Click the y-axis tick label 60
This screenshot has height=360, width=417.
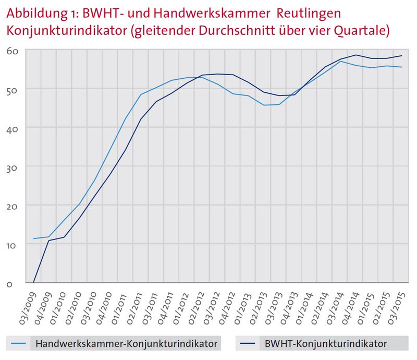tap(14, 51)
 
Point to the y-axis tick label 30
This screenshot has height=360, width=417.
tap(14, 167)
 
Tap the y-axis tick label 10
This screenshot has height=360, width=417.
tap(14, 245)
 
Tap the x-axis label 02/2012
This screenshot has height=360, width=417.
tap(193, 304)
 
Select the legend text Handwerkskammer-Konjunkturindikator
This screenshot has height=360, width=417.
tap(126, 343)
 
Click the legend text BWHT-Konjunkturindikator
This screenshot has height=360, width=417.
tap(318, 343)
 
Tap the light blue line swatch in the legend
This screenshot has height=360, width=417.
tap(18, 343)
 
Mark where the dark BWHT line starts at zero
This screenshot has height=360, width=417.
tap(34, 283)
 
